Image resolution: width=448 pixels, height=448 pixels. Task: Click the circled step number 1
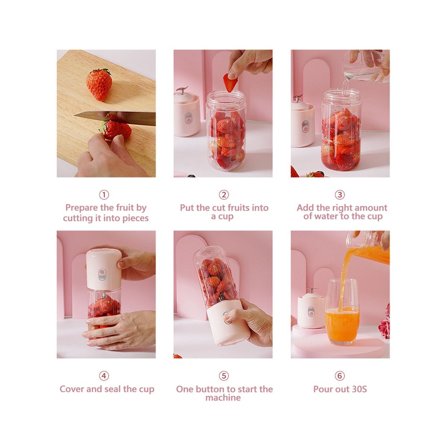(x=104, y=195)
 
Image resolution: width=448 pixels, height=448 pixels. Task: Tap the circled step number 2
(x=224, y=195)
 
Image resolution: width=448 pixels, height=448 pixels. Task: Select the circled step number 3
(x=340, y=195)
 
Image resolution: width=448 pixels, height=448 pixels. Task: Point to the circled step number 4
(x=104, y=376)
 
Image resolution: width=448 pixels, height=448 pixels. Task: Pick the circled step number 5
(x=224, y=376)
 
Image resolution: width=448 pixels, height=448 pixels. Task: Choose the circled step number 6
(x=340, y=376)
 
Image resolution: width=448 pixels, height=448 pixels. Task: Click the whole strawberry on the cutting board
(x=99, y=84)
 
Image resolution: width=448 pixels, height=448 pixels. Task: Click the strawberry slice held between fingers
(x=230, y=83)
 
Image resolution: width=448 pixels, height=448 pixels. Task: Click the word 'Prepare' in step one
(x=82, y=208)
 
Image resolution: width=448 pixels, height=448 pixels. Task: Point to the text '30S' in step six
(x=359, y=389)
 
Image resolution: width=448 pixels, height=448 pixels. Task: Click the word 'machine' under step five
(x=223, y=398)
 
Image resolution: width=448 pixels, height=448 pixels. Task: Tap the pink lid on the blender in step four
(x=104, y=269)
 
